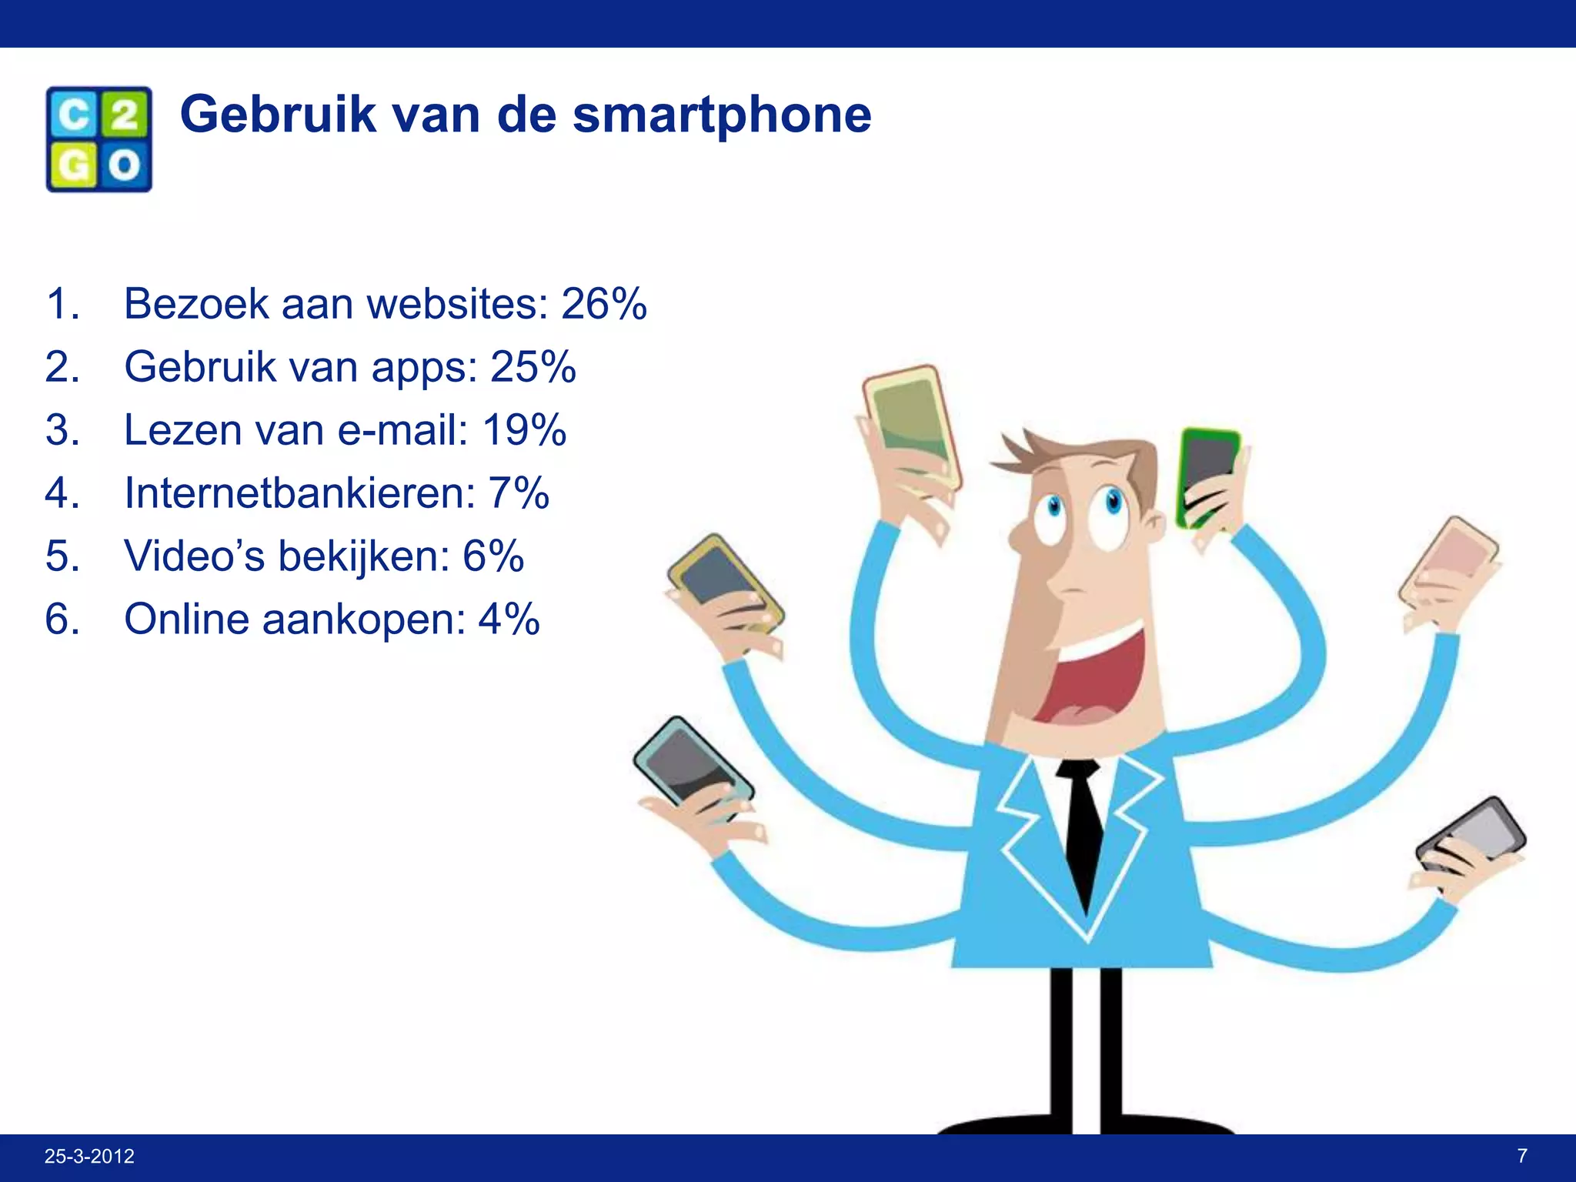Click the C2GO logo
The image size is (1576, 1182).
98,139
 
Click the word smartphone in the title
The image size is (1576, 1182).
722,115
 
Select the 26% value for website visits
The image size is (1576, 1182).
603,304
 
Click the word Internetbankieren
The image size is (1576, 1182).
299,493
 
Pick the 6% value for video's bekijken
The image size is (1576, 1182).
492,556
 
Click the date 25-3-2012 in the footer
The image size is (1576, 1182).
89,1156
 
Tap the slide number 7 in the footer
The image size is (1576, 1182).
1522,1155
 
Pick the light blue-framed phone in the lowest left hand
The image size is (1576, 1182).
689,762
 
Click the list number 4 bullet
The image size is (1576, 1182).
62,493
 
